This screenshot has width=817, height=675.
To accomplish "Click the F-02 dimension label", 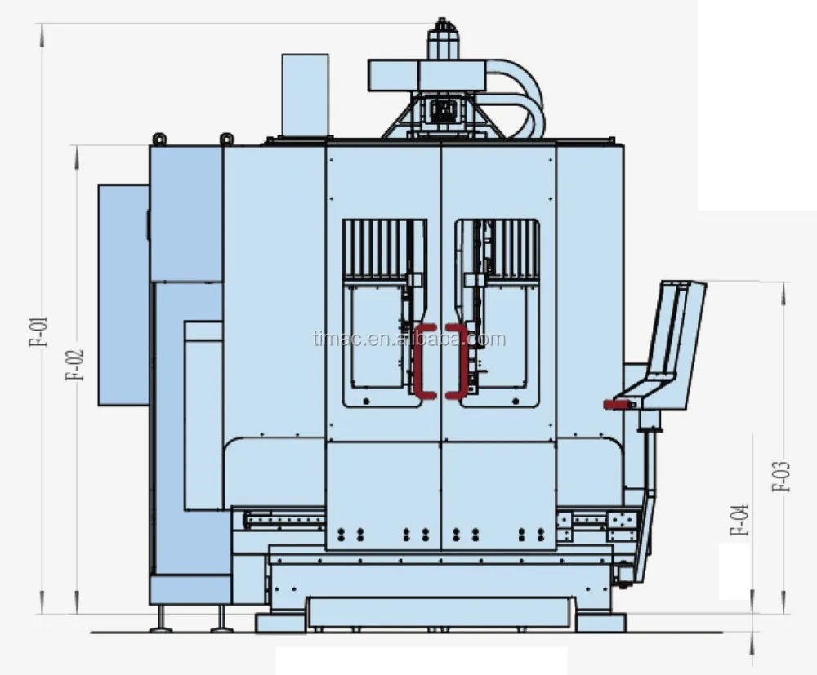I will pos(76,366).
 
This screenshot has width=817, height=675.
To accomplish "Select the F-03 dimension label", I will pos(783,476).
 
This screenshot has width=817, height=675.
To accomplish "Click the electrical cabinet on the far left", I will pos(123,294).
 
